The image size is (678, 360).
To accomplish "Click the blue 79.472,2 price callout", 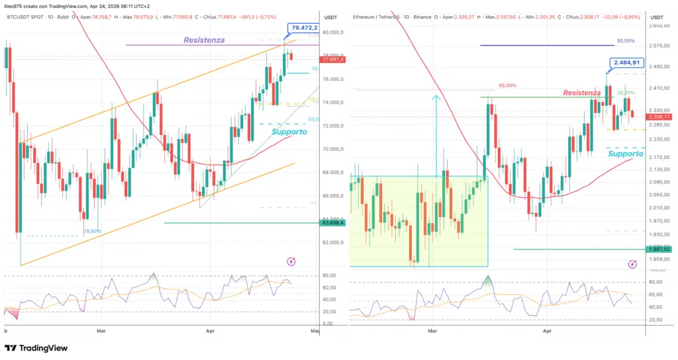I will coord(303,28).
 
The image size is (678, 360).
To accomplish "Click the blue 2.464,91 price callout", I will coord(625,63).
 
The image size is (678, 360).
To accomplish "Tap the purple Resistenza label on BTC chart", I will coord(204,40).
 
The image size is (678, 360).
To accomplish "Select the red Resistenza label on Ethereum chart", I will coord(582,93).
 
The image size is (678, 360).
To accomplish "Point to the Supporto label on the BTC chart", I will coord(289,132).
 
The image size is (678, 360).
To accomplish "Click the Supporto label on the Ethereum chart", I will coord(625,154).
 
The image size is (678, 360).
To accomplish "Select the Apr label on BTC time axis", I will coord(211,329).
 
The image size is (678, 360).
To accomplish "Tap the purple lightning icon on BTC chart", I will coord(291,261).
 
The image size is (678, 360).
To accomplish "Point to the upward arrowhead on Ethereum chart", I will coord(436,98).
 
